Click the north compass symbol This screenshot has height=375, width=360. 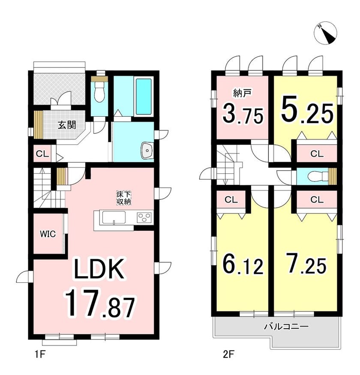[326, 34]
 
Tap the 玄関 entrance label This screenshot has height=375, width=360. [67, 125]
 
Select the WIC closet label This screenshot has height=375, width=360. [48, 234]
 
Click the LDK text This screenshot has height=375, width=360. [99, 269]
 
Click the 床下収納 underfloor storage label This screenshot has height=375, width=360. [124, 197]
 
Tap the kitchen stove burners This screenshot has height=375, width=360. [144, 218]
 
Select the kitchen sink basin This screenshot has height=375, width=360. [114, 218]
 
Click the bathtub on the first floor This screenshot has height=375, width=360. [144, 97]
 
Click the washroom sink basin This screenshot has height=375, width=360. [147, 151]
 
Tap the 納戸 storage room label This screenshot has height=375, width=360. [242, 94]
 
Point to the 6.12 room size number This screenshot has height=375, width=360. [243, 264]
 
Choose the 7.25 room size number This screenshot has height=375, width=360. [307, 264]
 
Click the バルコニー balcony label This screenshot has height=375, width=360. [286, 326]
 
